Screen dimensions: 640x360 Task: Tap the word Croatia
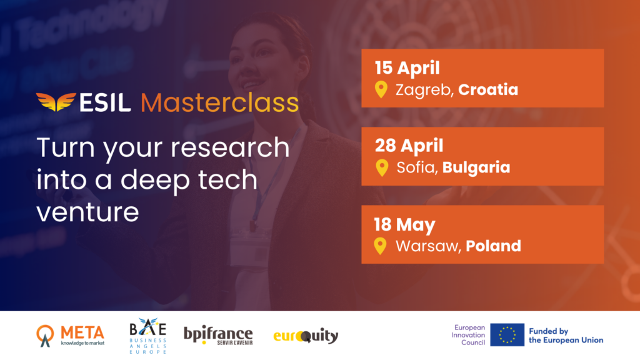pyautogui.click(x=487, y=89)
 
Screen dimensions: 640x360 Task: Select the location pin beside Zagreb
pyautogui.click(x=381, y=89)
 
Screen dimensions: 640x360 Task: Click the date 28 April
pyautogui.click(x=409, y=146)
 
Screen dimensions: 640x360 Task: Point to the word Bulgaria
pyautogui.click(x=476, y=167)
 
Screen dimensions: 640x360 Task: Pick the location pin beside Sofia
pyautogui.click(x=382, y=167)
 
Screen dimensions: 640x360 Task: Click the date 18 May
pyautogui.click(x=404, y=225)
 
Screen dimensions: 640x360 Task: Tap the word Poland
pyautogui.click(x=493, y=246)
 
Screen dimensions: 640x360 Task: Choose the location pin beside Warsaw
pyautogui.click(x=380, y=246)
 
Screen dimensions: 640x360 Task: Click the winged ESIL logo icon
pyautogui.click(x=56, y=102)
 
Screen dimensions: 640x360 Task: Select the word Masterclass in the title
pyautogui.click(x=219, y=103)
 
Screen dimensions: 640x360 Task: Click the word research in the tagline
pyautogui.click(x=230, y=147)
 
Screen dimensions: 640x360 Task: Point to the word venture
pyautogui.click(x=87, y=212)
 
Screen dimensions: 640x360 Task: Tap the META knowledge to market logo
pyautogui.click(x=71, y=336)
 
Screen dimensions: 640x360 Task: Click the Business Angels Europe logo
pyautogui.click(x=147, y=336)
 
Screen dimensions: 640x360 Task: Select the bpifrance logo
pyautogui.click(x=218, y=336)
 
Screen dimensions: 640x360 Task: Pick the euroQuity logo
pyautogui.click(x=306, y=336)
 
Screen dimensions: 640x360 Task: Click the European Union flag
pyautogui.click(x=507, y=335)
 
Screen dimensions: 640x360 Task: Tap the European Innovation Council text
pyautogui.click(x=468, y=335)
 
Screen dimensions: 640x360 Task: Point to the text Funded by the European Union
pyautogui.click(x=566, y=336)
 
